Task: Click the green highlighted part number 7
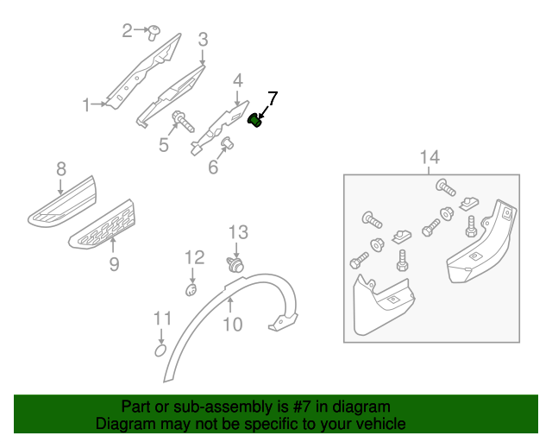(255, 121)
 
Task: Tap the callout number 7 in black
(273, 98)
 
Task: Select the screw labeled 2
(154, 33)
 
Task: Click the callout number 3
(203, 40)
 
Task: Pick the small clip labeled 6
(227, 142)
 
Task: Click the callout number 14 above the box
(430, 157)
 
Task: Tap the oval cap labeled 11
(160, 350)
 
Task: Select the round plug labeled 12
(191, 290)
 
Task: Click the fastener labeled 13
(235, 265)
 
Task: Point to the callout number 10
(233, 324)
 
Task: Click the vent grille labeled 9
(102, 224)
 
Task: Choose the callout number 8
(61, 169)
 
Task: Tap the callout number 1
(86, 105)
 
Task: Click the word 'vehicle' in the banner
(386, 423)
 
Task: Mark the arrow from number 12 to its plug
(192, 275)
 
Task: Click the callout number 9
(114, 264)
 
